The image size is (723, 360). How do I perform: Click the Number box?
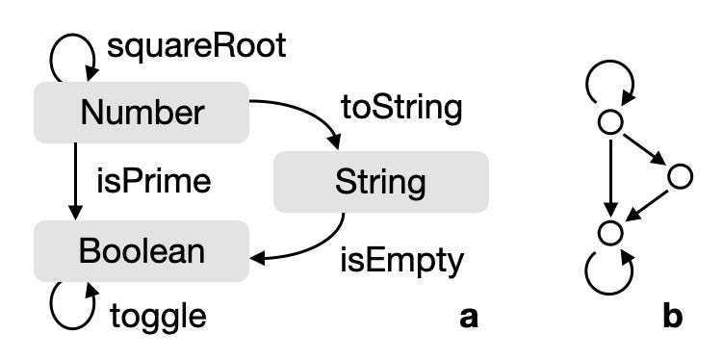point(142,114)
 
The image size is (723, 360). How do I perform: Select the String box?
point(380,182)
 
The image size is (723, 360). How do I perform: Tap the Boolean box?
point(142,251)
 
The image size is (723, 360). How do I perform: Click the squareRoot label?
point(196,46)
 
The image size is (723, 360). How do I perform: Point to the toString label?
point(401,107)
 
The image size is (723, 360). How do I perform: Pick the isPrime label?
point(153,181)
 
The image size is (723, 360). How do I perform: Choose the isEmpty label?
point(402,260)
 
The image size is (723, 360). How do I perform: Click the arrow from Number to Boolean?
point(75,182)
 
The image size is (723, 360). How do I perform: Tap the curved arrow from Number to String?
point(308,114)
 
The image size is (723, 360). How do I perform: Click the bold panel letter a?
point(468,315)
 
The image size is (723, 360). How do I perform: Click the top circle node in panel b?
point(609,123)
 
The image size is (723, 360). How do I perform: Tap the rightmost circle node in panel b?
point(680,176)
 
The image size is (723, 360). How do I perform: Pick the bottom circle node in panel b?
point(609,232)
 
